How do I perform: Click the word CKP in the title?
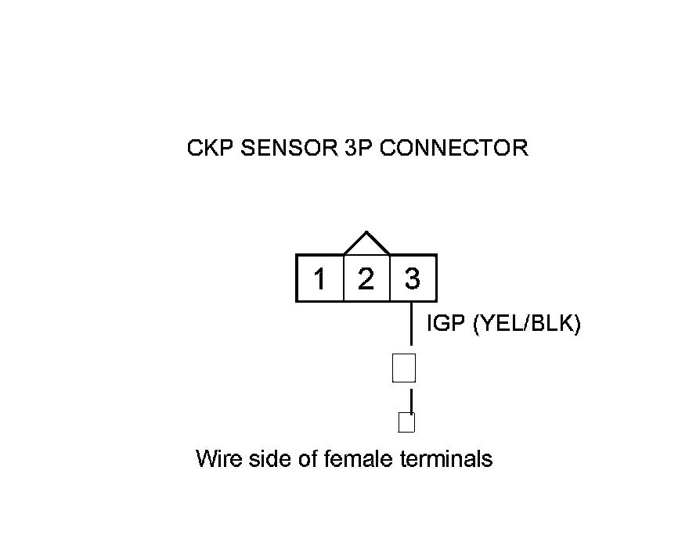tap(210, 148)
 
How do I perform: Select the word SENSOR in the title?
tap(289, 148)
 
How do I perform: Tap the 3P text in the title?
tap(358, 148)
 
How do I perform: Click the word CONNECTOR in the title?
tap(454, 148)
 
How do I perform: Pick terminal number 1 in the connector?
tap(319, 278)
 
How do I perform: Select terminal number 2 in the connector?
tap(366, 278)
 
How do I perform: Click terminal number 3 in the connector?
tap(412, 278)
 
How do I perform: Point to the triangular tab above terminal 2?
tap(366, 242)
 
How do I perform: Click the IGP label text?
tap(446, 323)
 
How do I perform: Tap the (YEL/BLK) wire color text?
tap(527, 324)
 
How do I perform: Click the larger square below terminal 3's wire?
tap(404, 368)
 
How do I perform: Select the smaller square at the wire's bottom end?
tap(406, 422)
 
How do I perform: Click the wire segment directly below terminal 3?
tap(411, 324)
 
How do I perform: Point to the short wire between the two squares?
tap(411, 401)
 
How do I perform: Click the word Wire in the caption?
tap(218, 458)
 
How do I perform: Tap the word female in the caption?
tap(358, 458)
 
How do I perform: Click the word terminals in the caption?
tap(446, 458)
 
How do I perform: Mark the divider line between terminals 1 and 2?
tap(343, 278)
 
